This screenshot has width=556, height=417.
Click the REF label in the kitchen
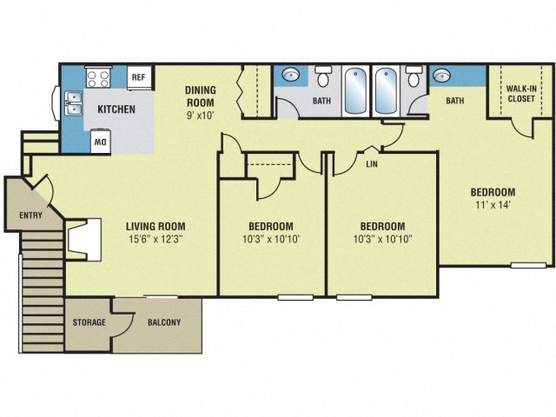pyautogui.click(x=137, y=77)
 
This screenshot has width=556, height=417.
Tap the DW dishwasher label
pyautogui.click(x=101, y=142)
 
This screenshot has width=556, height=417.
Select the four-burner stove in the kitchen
pyautogui.click(x=98, y=77)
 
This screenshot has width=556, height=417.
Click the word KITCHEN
pyautogui.click(x=116, y=109)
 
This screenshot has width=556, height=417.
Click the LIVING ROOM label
pyautogui.click(x=156, y=227)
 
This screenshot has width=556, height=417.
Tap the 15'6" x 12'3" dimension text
pyautogui.click(x=156, y=239)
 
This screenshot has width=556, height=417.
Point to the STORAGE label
pyautogui.click(x=89, y=323)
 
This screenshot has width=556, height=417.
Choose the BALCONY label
pyautogui.click(x=164, y=323)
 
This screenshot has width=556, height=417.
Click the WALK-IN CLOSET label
pyautogui.click(x=520, y=91)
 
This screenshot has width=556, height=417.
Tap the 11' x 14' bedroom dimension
pyautogui.click(x=493, y=205)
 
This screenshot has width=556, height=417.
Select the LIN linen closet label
pyautogui.click(x=372, y=162)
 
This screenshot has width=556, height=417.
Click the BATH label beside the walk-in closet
pyautogui.click(x=455, y=102)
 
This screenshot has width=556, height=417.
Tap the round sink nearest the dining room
pyautogui.click(x=290, y=75)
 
